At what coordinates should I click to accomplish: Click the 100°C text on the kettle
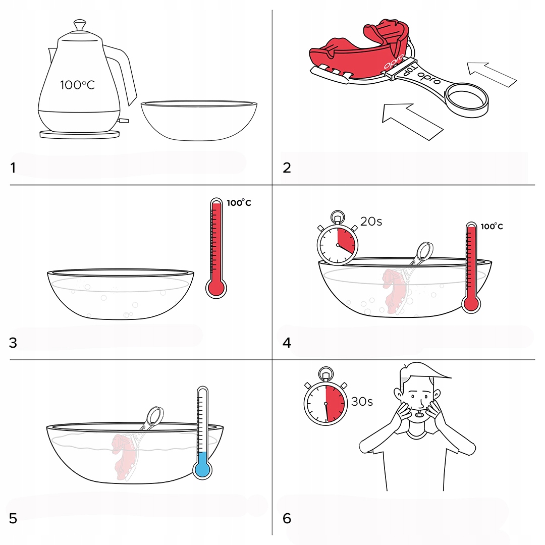pyautogui.click(x=77, y=85)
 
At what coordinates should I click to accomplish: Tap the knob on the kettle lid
pyautogui.click(x=80, y=25)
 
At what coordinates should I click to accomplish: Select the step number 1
pyautogui.click(x=13, y=168)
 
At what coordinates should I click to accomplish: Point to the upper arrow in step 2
pyautogui.click(x=492, y=74)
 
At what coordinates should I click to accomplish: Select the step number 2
pyautogui.click(x=287, y=168)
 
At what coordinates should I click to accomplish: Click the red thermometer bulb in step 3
pyautogui.click(x=216, y=288)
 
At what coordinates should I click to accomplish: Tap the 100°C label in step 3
pyautogui.click(x=239, y=203)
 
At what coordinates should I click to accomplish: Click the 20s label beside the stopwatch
pyautogui.click(x=371, y=221)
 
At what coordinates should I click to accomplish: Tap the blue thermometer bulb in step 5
pyautogui.click(x=202, y=470)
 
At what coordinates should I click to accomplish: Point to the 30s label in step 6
pyautogui.click(x=362, y=402)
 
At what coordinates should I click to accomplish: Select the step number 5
pyautogui.click(x=13, y=518)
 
